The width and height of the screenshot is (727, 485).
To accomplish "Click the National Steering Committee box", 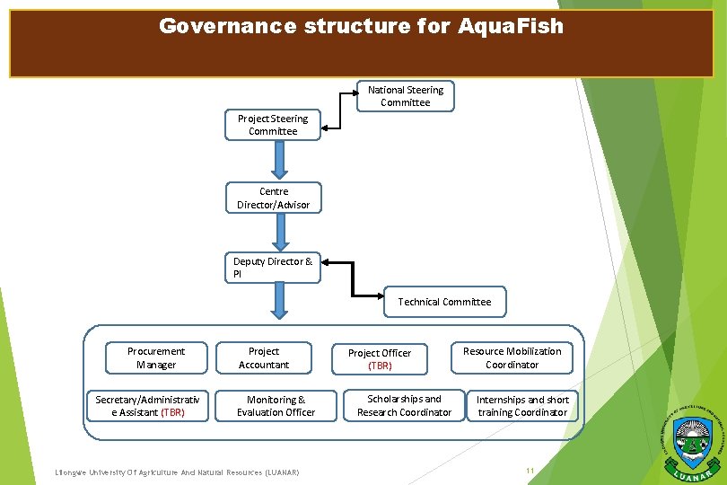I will (406, 96).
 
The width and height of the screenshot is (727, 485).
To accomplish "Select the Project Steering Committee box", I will (273, 125).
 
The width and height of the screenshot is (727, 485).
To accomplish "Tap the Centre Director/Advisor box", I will (273, 198).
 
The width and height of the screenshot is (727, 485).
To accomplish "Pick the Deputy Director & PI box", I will (273, 268).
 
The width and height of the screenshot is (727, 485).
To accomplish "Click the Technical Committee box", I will (444, 302).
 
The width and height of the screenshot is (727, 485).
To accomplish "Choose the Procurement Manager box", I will (156, 357).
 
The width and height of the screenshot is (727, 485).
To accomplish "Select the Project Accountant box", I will (264, 357).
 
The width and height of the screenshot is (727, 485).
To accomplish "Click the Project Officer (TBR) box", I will (380, 359).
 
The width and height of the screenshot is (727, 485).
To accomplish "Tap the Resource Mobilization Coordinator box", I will (512, 357).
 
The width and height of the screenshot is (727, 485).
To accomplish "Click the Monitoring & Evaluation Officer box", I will (276, 405).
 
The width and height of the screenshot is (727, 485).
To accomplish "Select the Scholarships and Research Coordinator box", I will (404, 405).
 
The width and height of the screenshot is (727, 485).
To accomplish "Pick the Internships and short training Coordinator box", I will (522, 406).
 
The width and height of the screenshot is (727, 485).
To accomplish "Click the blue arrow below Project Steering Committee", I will (280, 162).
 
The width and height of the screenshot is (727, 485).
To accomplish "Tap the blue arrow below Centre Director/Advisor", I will (280, 232).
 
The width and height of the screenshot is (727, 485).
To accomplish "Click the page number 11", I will (530, 471).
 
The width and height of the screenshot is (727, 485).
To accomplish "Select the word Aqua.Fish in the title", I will (512, 26).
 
